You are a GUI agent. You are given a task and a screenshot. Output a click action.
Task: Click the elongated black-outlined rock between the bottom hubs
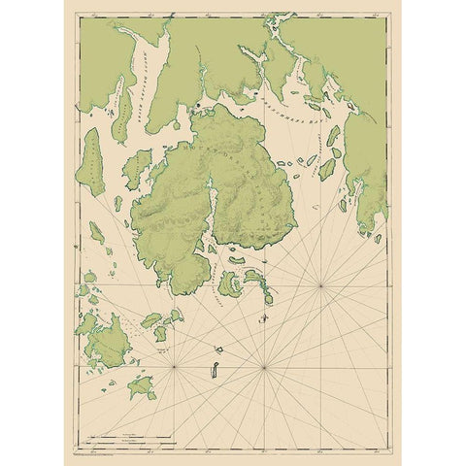pos(212,370)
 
